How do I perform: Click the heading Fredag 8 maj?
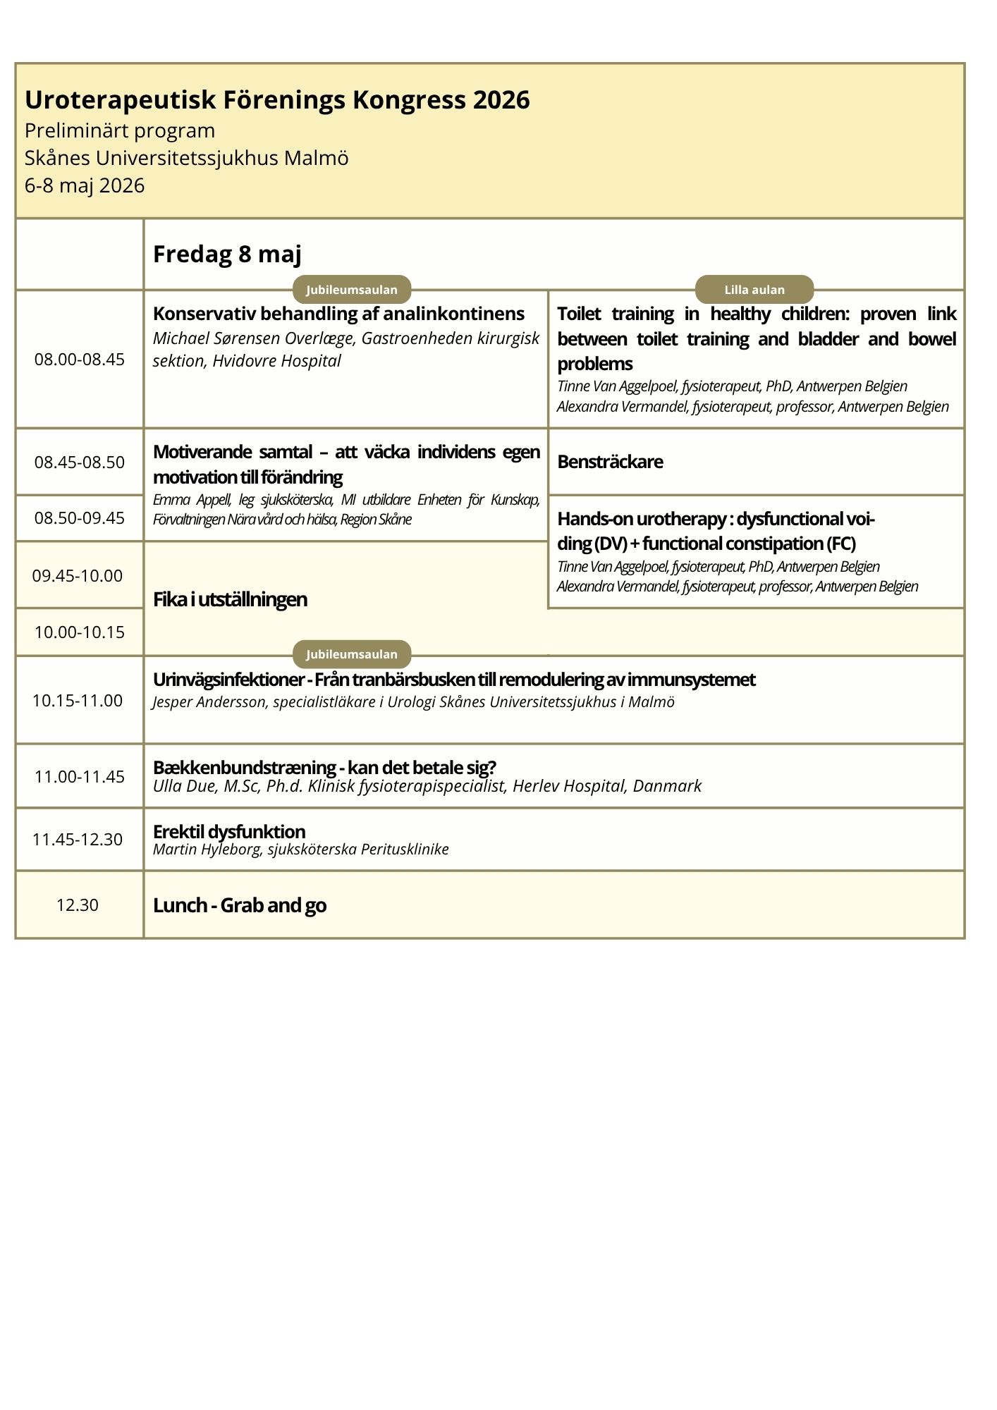(227, 255)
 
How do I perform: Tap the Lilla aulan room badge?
(754, 290)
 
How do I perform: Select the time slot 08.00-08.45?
(80, 360)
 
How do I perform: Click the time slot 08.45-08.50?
(80, 462)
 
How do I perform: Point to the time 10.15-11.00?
(78, 701)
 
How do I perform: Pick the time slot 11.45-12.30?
(78, 840)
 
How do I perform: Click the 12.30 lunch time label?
(78, 905)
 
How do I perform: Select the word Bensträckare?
(610, 462)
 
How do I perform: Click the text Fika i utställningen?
(230, 599)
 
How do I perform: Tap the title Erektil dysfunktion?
(229, 831)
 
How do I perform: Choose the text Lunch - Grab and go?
(240, 905)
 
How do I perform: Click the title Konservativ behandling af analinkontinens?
(338, 314)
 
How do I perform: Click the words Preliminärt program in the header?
(120, 130)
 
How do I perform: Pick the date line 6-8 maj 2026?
(85, 185)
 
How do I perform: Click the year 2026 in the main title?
(501, 100)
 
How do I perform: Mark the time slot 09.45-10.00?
(78, 576)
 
